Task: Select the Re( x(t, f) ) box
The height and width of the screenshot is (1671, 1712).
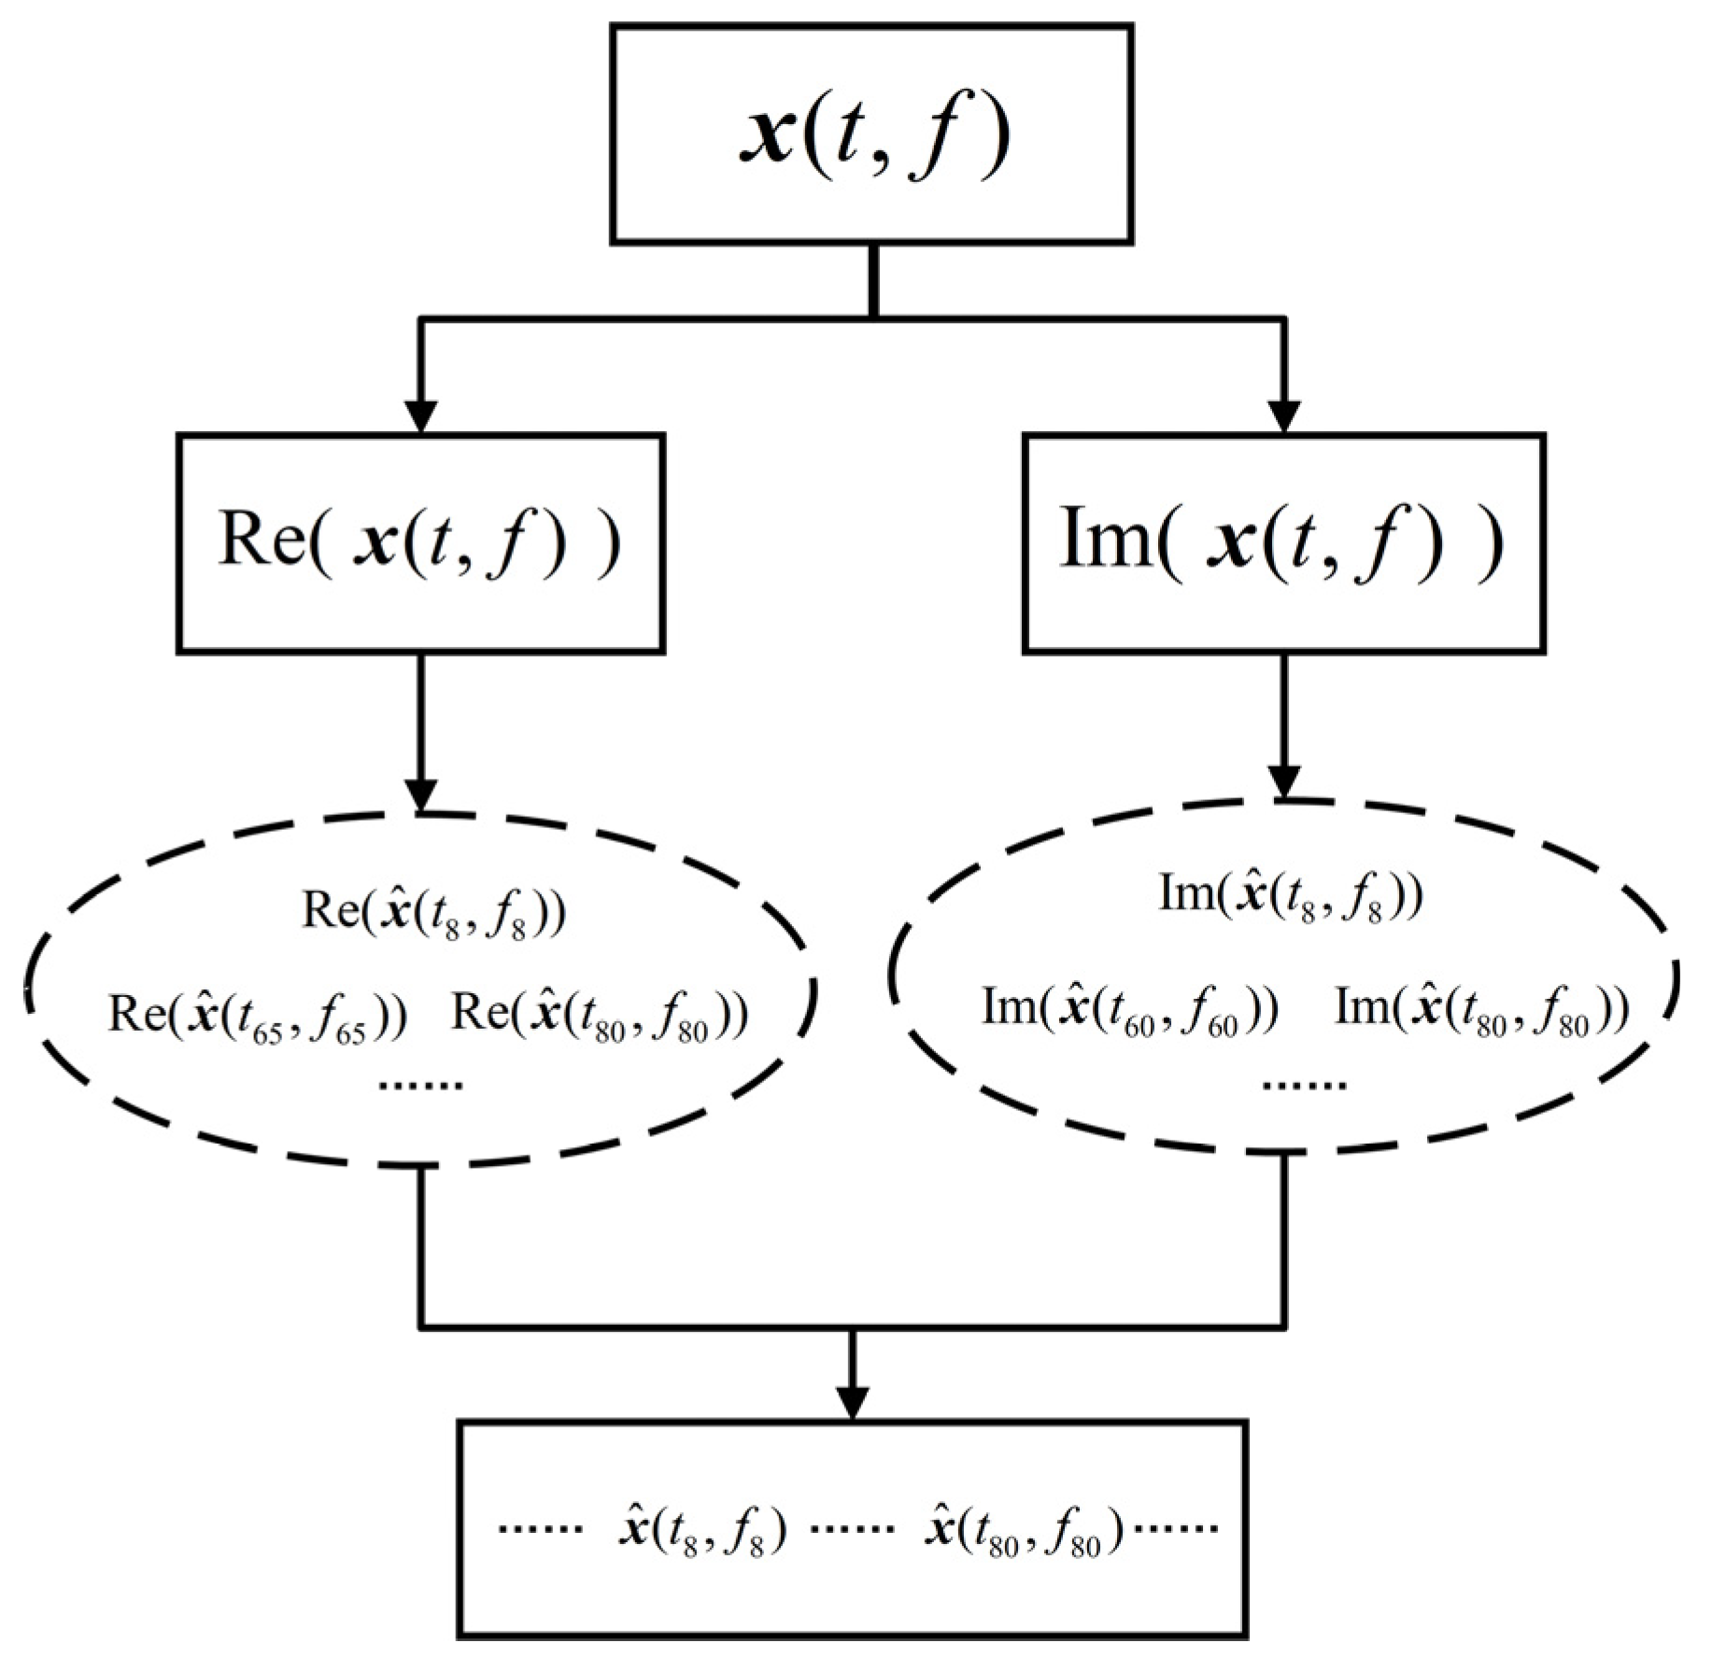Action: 420,543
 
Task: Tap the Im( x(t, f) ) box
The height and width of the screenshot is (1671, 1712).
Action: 1283,543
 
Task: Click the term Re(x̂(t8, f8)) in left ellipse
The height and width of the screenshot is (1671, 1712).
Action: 433,912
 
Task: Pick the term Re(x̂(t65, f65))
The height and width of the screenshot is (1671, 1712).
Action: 258,1017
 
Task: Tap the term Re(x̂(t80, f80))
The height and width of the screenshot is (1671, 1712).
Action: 600,1017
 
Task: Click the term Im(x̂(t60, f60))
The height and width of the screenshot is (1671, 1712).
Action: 1129,1011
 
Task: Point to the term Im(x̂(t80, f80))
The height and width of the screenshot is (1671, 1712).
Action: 1482,1011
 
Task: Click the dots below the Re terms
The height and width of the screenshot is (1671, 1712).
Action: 421,1085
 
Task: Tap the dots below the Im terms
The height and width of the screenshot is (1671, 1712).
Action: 1304,1085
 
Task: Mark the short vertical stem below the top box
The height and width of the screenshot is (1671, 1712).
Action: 873,280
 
